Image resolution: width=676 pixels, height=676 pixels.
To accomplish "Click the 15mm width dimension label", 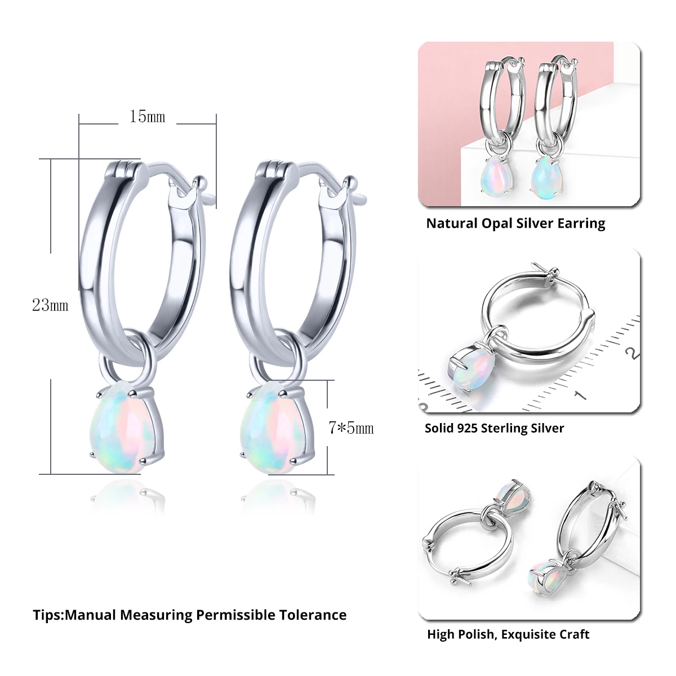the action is (148, 117).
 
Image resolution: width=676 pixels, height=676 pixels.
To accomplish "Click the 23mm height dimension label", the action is (50, 305).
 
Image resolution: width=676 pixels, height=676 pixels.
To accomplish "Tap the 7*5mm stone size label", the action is (351, 428).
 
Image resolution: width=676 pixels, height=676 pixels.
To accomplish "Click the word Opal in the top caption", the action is (496, 224).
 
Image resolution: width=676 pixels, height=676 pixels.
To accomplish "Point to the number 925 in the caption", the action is (467, 428).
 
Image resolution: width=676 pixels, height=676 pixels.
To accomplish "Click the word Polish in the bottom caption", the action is (476, 635).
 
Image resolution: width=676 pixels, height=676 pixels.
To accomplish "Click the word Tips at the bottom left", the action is (47, 615).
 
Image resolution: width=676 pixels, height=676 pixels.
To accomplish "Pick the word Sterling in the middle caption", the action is (505, 428).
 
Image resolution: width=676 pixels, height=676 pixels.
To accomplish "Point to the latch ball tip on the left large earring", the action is (198, 181).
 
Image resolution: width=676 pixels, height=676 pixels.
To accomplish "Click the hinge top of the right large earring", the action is (275, 167).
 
